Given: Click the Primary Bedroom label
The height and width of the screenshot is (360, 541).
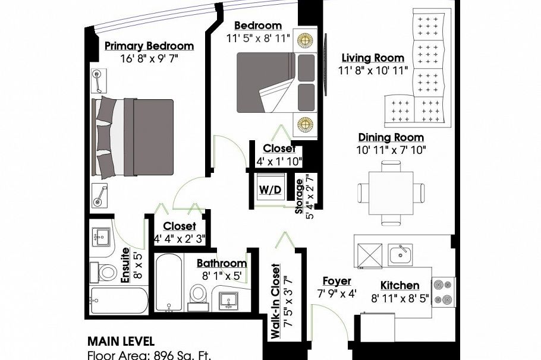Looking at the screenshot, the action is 149,46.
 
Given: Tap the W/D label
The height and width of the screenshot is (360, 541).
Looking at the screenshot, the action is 270,190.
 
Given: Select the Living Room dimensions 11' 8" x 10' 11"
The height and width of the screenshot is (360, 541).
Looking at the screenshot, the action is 373,71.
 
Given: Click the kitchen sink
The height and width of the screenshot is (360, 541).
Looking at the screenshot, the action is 400,255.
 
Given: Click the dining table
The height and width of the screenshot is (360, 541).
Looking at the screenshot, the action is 391,193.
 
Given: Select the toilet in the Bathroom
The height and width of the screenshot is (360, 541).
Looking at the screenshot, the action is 198,297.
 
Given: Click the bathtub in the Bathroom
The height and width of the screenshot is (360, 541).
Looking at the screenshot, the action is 169,283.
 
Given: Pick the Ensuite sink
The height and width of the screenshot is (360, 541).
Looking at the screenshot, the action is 100,236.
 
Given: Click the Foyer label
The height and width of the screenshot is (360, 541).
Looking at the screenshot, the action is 336,282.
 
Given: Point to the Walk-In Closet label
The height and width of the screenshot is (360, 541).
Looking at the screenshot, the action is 275,301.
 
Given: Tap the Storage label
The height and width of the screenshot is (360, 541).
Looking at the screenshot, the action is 299,196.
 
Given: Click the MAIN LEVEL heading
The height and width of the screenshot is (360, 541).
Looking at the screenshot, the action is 121,342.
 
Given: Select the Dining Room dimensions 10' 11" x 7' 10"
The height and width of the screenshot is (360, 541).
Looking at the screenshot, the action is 391,150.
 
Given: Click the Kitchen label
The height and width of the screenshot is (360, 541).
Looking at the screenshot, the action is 400,286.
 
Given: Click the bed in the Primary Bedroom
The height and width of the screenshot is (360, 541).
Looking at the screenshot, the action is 133,137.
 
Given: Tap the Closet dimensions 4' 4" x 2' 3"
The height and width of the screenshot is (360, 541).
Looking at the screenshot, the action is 180,239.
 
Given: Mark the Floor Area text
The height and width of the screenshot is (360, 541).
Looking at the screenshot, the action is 149,355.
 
